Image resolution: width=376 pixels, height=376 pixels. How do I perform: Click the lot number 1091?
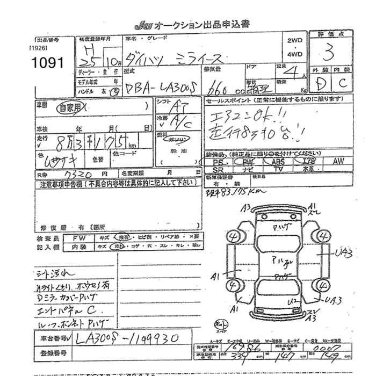pyautogui.click(x=48, y=63)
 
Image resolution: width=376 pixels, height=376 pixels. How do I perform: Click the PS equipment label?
pyautogui.click(x=218, y=161)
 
